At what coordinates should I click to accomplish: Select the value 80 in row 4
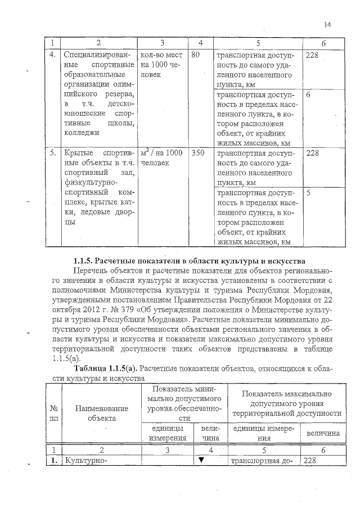[x=196, y=56]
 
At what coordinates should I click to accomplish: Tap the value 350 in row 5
[x=197, y=152]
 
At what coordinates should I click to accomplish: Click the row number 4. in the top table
[x=52, y=56]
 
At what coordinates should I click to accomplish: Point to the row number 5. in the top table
[x=52, y=152]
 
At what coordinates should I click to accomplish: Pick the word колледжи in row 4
[x=82, y=133]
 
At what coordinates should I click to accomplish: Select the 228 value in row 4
[x=312, y=56]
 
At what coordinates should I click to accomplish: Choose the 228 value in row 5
[x=312, y=152]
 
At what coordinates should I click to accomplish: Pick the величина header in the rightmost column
[x=323, y=434]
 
